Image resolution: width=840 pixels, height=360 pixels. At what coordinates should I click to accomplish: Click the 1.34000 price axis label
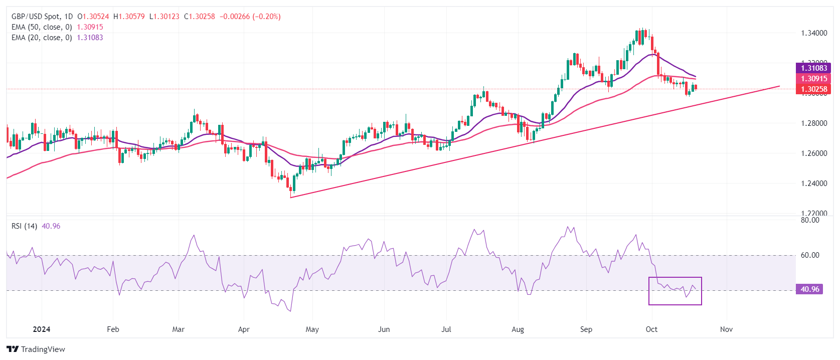pos(814,33)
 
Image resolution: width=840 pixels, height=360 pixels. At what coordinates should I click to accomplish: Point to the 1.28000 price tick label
pos(814,123)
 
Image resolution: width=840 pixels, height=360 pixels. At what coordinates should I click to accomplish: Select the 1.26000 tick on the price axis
pos(814,153)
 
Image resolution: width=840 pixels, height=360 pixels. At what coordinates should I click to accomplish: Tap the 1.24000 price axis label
pos(814,184)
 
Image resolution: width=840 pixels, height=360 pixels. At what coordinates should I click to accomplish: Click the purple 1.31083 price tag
pos(813,68)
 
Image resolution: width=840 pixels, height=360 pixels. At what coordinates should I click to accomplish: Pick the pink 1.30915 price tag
pos(813,79)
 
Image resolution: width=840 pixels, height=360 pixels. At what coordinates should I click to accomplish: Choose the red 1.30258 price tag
pos(813,89)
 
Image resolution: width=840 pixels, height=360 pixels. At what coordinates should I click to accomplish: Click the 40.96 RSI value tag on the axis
pos(809,289)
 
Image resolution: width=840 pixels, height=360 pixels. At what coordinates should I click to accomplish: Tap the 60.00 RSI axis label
pos(810,255)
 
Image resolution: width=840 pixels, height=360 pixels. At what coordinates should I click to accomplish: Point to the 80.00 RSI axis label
pos(810,220)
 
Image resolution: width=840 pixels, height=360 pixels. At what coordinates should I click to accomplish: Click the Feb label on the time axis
pos(113,329)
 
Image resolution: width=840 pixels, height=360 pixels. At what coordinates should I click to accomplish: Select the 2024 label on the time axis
pos(41,329)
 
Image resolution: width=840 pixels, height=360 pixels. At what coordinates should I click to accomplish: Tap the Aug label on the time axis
pos(518,329)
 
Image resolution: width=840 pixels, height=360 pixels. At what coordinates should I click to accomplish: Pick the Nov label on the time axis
pos(726,329)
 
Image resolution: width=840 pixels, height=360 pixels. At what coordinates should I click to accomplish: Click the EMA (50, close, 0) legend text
pos(42,27)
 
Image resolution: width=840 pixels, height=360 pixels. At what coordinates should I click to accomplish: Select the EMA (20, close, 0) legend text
pos(42,38)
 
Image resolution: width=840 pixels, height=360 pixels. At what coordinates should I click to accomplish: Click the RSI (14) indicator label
pos(24,226)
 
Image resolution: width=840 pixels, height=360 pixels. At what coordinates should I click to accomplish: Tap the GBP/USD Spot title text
pos(35,17)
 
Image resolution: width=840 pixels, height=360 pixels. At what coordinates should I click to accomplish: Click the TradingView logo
pos(36,349)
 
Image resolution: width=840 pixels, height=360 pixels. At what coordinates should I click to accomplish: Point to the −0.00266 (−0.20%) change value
pos(250,17)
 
